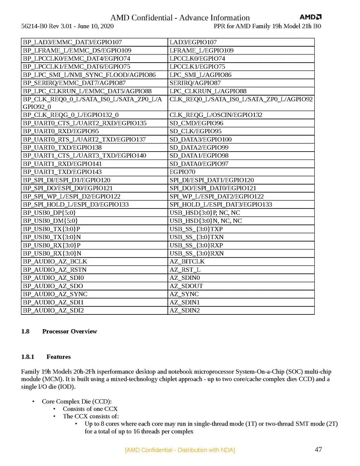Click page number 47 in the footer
click(x=318, y=450)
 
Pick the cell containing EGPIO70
click(x=183, y=171)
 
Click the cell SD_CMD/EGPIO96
click(x=196, y=123)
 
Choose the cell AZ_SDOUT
click(x=186, y=286)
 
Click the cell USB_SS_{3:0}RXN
click(x=196, y=253)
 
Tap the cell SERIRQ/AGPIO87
click(x=195, y=83)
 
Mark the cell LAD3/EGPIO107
click(x=193, y=42)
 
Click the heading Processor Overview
click(x=69, y=331)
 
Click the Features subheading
click(x=59, y=356)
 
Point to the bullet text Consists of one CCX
click(x=91, y=409)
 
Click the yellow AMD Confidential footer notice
click(x=180, y=450)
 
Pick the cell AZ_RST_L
click(x=185, y=270)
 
